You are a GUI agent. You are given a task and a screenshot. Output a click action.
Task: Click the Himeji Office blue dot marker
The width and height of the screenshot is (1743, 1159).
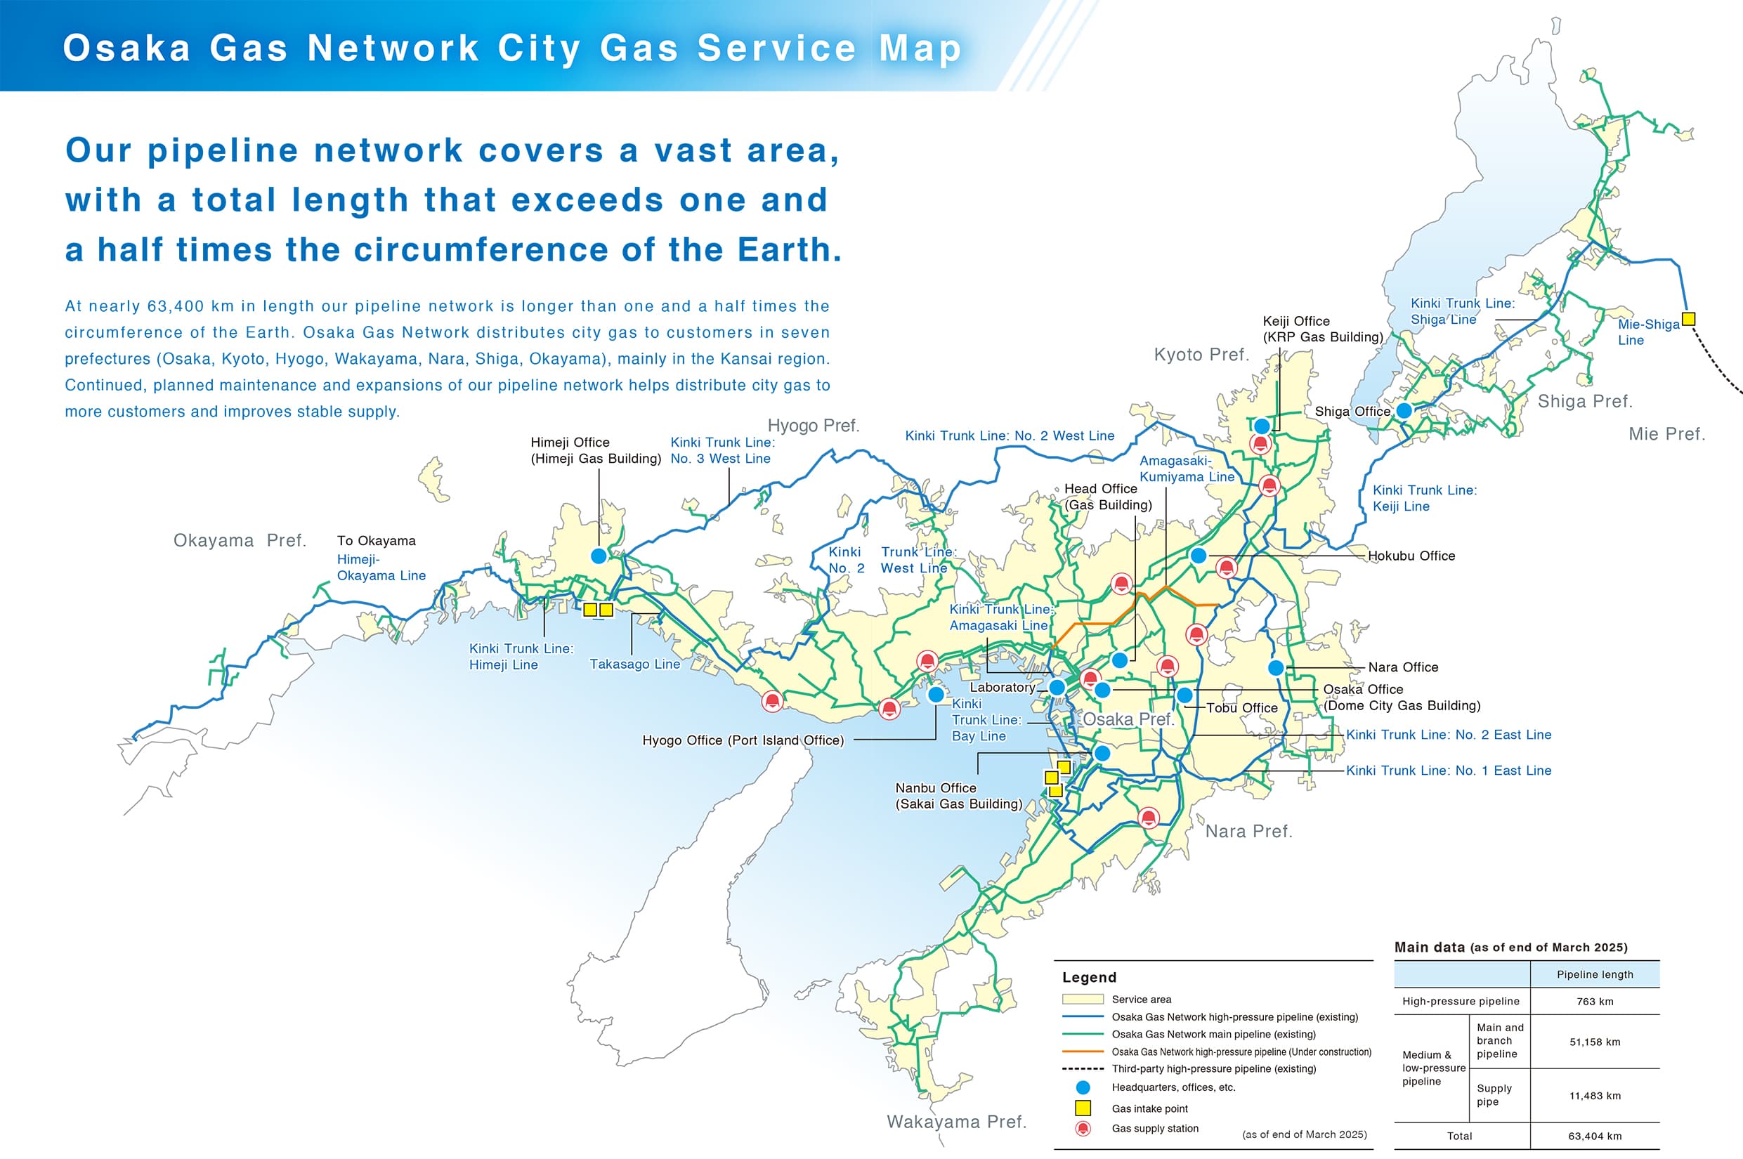click(599, 555)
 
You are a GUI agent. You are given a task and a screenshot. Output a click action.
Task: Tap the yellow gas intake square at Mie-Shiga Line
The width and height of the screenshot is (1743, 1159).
click(1688, 320)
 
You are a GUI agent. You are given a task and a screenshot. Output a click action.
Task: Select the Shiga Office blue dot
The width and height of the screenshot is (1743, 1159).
click(1404, 410)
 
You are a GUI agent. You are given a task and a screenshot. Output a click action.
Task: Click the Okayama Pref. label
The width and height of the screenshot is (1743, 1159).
click(240, 540)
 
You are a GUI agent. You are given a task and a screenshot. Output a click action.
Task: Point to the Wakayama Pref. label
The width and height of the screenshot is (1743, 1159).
click(956, 1121)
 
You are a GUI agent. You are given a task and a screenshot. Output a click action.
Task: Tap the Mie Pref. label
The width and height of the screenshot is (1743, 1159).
click(1667, 434)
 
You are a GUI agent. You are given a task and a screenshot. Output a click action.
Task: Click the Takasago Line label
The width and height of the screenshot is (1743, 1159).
click(634, 664)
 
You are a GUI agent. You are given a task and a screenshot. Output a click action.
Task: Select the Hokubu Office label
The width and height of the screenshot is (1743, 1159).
click(1411, 556)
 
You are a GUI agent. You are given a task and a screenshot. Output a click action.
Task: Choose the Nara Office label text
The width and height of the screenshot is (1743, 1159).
click(1403, 667)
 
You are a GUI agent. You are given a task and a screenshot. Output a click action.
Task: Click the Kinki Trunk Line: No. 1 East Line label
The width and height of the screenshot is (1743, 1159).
click(1448, 770)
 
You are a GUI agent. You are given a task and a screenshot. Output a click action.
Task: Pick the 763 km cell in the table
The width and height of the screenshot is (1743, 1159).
click(1595, 1002)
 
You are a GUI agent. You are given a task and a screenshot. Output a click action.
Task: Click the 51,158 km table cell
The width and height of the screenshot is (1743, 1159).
click(1595, 1042)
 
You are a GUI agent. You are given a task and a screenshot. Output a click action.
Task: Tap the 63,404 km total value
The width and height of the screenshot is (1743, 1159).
click(1595, 1136)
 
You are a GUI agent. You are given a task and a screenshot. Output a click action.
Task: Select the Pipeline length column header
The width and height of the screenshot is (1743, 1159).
click(1595, 974)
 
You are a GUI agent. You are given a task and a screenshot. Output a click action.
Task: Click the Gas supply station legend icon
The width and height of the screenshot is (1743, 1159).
click(1083, 1129)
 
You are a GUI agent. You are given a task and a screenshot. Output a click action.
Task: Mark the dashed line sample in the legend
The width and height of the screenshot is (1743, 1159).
click(1083, 1069)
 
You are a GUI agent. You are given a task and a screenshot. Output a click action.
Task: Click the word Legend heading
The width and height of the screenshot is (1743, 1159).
click(1089, 977)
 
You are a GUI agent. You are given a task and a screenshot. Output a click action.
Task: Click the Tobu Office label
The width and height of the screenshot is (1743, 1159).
click(1242, 708)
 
